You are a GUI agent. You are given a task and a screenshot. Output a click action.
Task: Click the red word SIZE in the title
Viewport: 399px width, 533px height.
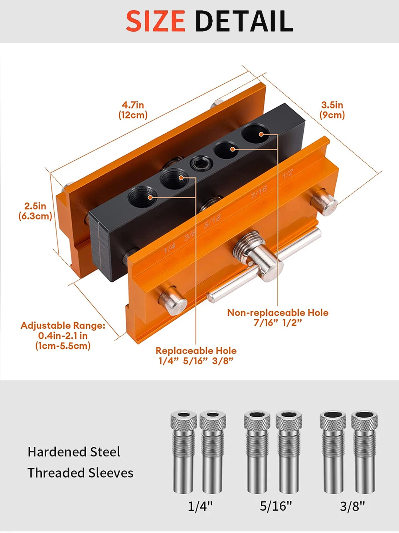point(156,21)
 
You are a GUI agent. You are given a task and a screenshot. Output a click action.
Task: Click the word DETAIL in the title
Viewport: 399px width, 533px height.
point(244,21)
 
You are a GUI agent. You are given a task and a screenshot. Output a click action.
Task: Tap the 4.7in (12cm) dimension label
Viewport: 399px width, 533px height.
point(133,110)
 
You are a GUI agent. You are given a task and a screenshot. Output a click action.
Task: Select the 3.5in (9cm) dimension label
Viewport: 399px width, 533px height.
point(332,110)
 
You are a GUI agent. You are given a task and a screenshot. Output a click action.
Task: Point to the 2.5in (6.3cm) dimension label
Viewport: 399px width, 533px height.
point(35,211)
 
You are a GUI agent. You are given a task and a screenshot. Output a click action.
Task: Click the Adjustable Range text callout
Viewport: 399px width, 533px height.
point(63,336)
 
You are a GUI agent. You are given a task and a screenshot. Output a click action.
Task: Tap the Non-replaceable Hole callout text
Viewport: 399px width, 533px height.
point(278,318)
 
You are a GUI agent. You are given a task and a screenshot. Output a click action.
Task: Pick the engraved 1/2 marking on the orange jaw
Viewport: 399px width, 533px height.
point(288,174)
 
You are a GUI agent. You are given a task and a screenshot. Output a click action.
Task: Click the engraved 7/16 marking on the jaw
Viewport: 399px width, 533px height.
point(259,192)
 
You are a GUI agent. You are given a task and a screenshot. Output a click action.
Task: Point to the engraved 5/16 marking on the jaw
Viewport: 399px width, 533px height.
point(212,221)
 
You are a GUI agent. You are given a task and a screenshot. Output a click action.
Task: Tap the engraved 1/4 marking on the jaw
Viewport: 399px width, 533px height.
point(170,248)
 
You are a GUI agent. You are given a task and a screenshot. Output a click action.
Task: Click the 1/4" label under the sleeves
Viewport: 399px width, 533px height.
point(200,506)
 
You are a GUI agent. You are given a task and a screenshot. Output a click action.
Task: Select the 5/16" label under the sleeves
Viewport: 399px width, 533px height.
point(276,506)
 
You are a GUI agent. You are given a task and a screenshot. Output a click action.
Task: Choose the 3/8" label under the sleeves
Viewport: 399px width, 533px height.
point(353,506)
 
